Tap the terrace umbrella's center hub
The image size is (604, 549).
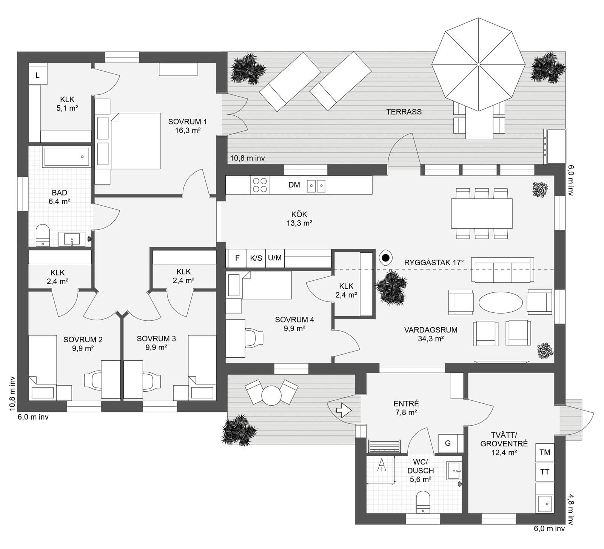tap(478, 65)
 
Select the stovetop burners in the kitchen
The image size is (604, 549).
tap(260, 185)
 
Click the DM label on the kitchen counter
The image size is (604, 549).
tap(294, 185)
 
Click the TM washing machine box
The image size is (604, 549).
tap(545, 452)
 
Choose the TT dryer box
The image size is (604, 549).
tap(545, 472)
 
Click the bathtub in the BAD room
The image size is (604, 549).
tap(67, 157)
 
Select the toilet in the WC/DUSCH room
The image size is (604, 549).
tap(422, 502)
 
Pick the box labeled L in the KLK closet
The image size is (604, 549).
tap(38, 75)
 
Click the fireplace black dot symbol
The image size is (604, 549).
tap(385, 258)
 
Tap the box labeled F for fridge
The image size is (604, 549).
tap(237, 258)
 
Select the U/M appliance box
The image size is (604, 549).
tap(275, 258)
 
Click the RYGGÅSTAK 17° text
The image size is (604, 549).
tap(434, 263)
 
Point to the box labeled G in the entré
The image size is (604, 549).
tap(448, 443)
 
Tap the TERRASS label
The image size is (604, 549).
tap(404, 112)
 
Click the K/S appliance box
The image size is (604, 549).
tap(256, 258)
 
